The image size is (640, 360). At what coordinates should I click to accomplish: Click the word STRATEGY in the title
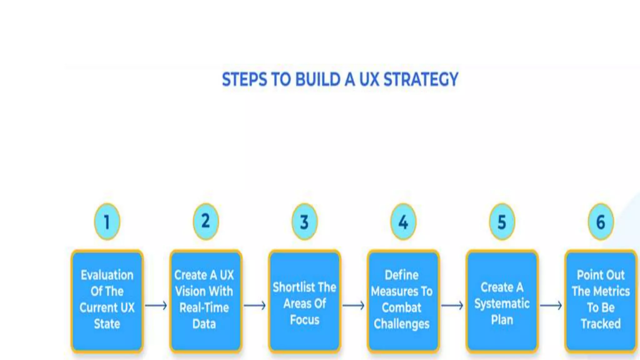tap(421, 79)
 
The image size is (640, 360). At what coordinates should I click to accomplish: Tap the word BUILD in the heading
tap(318, 79)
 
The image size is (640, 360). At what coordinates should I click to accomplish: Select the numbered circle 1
tap(107, 222)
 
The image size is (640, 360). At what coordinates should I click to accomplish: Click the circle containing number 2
tap(206, 222)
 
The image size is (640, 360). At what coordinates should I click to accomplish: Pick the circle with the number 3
tap(304, 222)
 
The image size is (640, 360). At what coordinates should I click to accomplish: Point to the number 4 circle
tap(403, 222)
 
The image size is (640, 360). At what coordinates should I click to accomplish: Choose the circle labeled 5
tap(502, 222)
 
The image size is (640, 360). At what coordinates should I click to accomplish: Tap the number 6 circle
tap(601, 222)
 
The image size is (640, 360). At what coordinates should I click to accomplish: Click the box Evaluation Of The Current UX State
tap(107, 301)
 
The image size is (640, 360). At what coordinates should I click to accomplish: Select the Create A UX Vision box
tap(206, 301)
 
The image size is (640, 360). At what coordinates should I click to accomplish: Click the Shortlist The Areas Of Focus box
tap(304, 301)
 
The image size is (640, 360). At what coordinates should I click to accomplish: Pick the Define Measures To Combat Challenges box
tap(403, 301)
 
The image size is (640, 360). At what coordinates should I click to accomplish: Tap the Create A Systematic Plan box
tap(502, 301)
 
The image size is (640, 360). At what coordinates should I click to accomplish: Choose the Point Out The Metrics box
tap(601, 301)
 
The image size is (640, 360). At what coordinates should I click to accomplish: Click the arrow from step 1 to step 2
tap(156, 305)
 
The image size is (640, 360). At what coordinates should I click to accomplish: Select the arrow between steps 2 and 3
tap(255, 305)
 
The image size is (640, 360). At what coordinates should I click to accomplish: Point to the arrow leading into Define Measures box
tap(353, 305)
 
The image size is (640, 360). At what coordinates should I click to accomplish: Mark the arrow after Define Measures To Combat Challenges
tap(452, 305)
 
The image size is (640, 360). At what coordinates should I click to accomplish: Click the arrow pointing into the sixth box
tap(551, 305)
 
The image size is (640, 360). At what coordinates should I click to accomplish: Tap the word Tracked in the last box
tap(601, 324)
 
